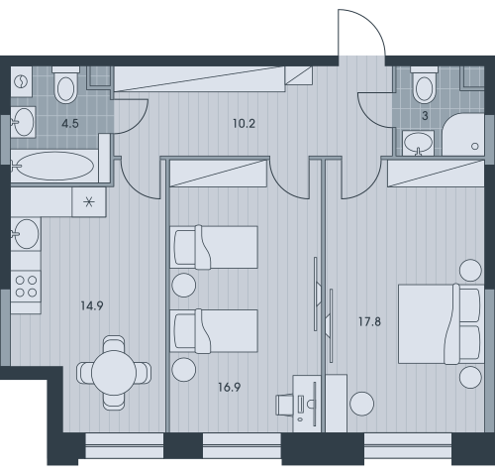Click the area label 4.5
70,124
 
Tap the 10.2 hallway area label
244,124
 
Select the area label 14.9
92,305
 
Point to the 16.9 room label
230,387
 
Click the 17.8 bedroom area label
369,321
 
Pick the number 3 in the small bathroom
425,116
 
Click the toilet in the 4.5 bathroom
65,85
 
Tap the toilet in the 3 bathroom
424,84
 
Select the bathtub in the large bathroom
54,166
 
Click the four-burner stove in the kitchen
26,287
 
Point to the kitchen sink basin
26,234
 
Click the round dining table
114,373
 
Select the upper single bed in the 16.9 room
214,247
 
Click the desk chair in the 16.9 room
284,405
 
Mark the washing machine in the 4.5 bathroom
22,81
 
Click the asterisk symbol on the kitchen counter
89,201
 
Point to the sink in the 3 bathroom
418,143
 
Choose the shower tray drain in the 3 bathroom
475,146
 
